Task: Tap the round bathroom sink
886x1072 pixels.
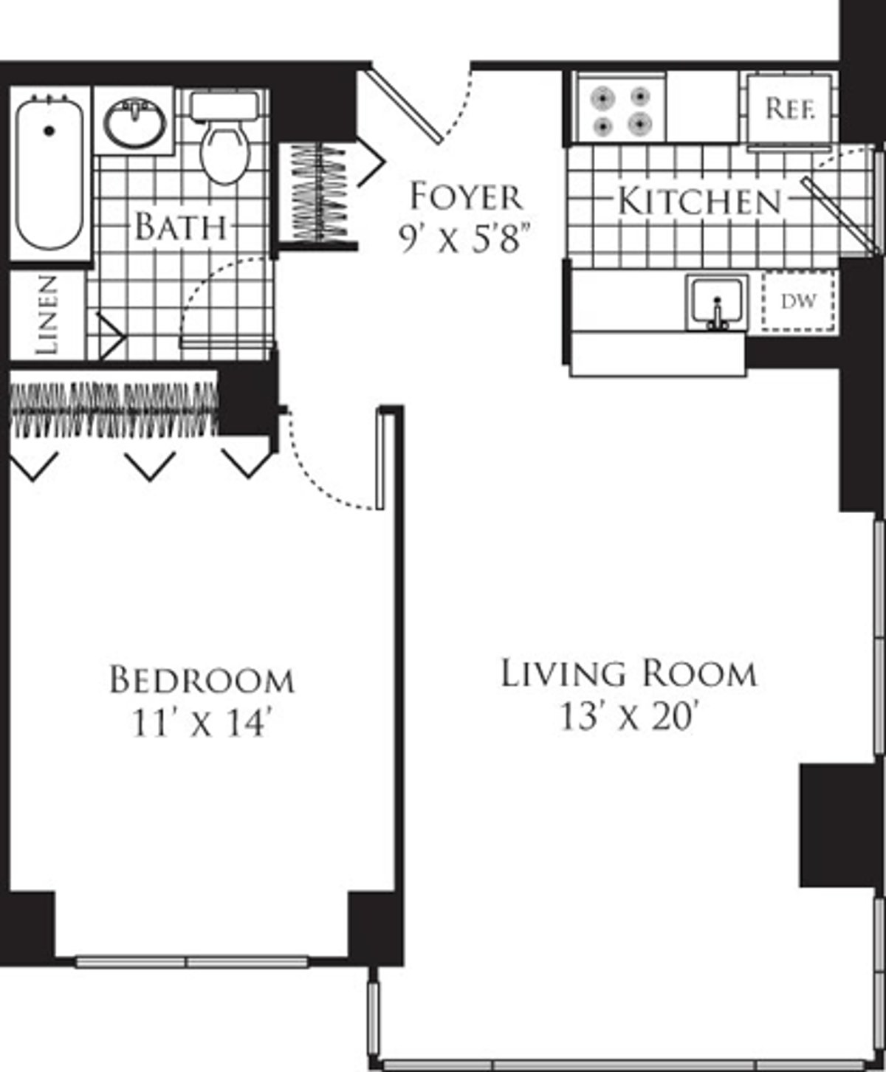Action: click(x=134, y=122)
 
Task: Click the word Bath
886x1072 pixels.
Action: click(x=180, y=226)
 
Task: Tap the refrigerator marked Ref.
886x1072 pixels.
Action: click(x=790, y=109)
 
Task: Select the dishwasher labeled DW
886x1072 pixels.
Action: click(x=799, y=301)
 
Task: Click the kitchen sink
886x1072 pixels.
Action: click(x=716, y=303)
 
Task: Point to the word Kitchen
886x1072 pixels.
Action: click(x=698, y=202)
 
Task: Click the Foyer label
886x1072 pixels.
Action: click(x=466, y=196)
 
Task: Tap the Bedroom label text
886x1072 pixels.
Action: click(x=202, y=680)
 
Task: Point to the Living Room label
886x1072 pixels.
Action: click(x=628, y=673)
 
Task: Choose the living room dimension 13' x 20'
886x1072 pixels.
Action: click(x=628, y=716)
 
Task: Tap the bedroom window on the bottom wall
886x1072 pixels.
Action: click(x=191, y=961)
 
